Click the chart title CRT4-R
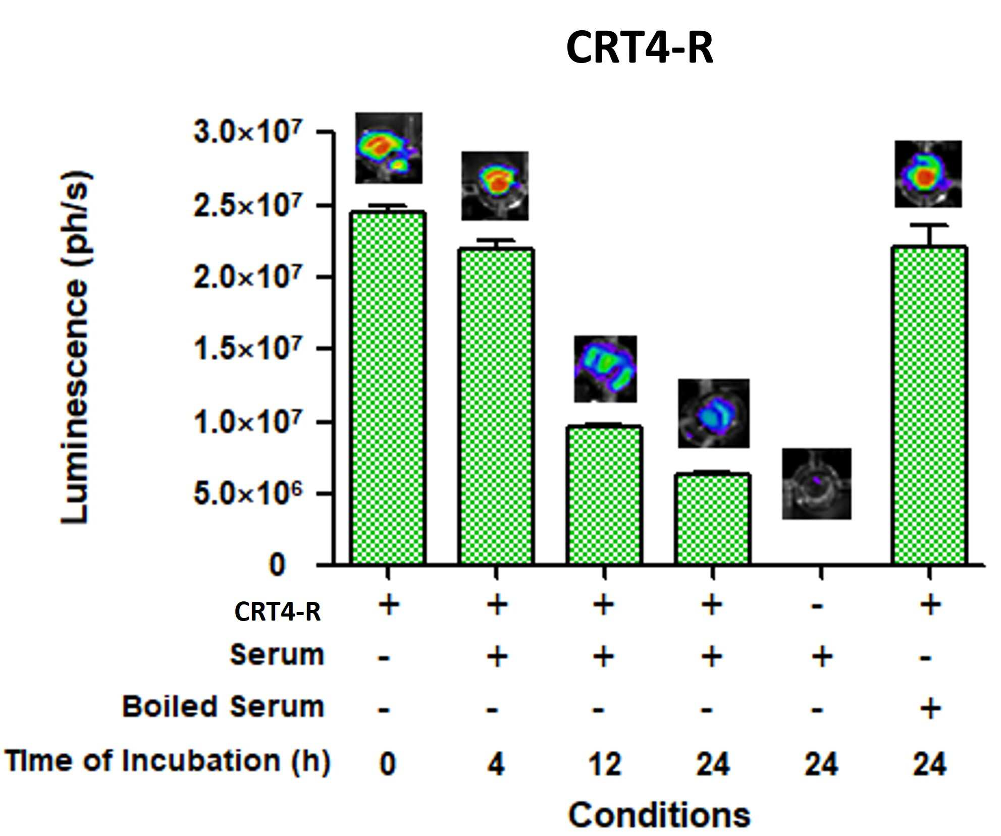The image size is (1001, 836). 640,47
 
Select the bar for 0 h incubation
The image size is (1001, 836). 388,387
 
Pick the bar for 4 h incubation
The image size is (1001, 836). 496,406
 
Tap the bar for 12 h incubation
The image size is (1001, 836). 604,495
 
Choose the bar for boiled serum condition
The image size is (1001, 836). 929,405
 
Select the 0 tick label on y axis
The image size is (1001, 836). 277,565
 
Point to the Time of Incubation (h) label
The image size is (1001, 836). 168,761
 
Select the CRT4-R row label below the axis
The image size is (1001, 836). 277,612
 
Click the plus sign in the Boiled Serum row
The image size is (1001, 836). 930,708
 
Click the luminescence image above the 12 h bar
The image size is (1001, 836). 605,369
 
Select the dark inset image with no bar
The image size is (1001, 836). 816,483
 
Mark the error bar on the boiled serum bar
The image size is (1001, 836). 929,236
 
